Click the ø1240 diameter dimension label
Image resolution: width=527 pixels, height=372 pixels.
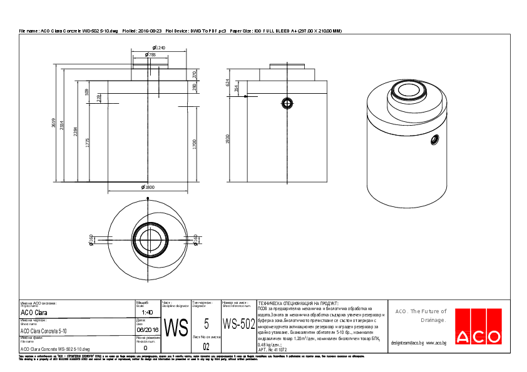tap(159, 48)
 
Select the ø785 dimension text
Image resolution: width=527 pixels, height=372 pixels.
tap(150, 55)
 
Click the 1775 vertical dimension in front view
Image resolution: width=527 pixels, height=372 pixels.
tap(87, 143)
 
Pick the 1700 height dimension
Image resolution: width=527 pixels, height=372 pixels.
tap(195, 144)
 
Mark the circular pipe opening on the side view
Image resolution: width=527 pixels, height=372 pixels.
tap(287, 103)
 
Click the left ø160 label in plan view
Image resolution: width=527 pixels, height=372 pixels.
tap(91, 240)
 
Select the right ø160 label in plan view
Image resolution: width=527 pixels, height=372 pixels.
tap(195, 240)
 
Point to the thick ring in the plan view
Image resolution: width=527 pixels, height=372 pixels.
tap(148, 239)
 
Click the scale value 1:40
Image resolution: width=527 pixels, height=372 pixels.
tap(147, 312)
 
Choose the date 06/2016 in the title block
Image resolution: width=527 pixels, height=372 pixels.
tap(148, 330)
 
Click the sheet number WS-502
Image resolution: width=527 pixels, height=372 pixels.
tap(238, 324)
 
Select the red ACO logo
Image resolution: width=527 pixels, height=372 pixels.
tap(479, 326)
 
